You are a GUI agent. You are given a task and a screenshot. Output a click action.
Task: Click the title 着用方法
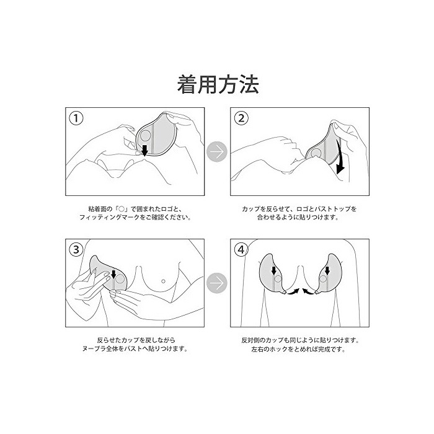click(x=218, y=84)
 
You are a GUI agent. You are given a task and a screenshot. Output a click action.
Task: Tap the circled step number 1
click(x=76, y=118)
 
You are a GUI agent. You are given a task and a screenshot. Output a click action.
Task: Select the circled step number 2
click(x=241, y=118)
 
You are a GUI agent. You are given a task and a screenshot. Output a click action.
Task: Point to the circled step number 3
click(x=76, y=250)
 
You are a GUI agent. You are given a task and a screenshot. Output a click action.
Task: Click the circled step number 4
click(x=241, y=250)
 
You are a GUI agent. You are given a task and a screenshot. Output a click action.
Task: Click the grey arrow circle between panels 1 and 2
click(x=217, y=152)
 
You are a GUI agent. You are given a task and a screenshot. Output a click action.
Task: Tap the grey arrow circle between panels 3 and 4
click(x=217, y=283)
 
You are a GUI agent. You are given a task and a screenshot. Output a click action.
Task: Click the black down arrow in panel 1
click(x=144, y=150)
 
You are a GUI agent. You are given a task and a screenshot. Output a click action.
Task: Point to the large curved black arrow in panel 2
click(x=340, y=157)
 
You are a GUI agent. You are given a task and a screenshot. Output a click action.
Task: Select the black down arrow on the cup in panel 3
click(x=113, y=274)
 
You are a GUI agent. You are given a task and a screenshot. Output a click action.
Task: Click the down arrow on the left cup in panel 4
click(x=274, y=270)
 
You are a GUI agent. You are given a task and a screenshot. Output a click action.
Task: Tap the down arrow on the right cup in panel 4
click(x=327, y=270)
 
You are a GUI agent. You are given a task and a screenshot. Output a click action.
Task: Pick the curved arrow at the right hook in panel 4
click(x=308, y=291)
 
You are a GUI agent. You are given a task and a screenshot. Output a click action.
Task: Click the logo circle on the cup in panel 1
click(x=145, y=136)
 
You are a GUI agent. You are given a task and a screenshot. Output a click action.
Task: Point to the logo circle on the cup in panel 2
click(x=316, y=153)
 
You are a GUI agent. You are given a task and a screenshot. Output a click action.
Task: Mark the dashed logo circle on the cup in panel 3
click(x=120, y=279)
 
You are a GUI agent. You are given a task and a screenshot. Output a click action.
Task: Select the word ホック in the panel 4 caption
click(x=279, y=349)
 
